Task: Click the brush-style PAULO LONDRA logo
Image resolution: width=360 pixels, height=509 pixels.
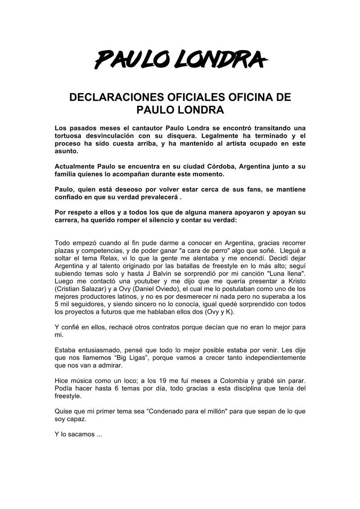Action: pos(180,59)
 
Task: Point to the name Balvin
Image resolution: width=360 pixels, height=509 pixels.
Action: pos(154,275)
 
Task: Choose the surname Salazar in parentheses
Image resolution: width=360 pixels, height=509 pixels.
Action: pos(100,291)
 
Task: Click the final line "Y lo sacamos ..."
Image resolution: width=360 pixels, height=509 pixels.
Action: pos(78,435)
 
